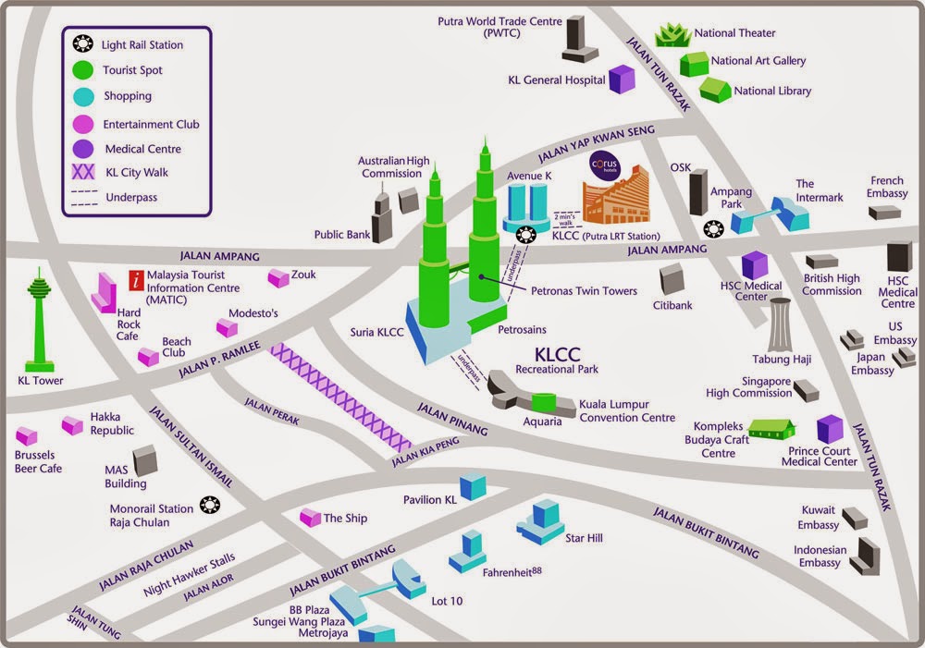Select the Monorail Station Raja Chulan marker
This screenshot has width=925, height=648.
210,505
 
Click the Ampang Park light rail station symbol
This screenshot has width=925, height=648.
713,229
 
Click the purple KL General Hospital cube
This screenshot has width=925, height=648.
622,79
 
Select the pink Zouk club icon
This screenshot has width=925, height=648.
277,277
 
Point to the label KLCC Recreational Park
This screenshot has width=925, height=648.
557,360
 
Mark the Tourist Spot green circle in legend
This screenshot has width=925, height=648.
84,69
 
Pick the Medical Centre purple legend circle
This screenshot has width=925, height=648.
84,148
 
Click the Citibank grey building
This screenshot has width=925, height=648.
672,278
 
